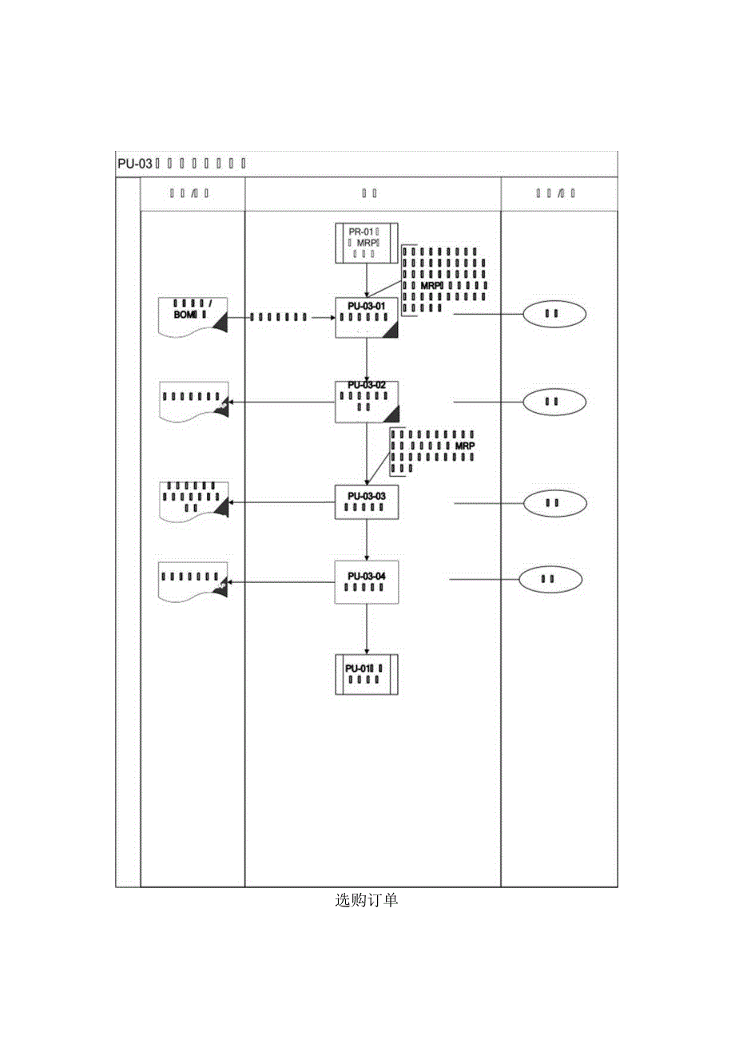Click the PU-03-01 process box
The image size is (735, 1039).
point(366,317)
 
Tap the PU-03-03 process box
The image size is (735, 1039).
point(366,502)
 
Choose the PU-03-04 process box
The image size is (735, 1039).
point(366,581)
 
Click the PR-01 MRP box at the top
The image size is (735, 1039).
point(366,243)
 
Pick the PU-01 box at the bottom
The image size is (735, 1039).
point(366,674)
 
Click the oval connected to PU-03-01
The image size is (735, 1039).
point(554,314)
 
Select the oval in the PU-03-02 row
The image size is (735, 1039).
point(554,401)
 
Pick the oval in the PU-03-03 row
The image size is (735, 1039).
point(554,502)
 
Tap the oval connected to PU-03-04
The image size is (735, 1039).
point(550,579)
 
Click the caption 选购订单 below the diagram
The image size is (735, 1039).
point(366,901)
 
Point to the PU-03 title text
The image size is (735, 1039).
point(134,165)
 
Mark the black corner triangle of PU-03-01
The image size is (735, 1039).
point(391,331)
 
